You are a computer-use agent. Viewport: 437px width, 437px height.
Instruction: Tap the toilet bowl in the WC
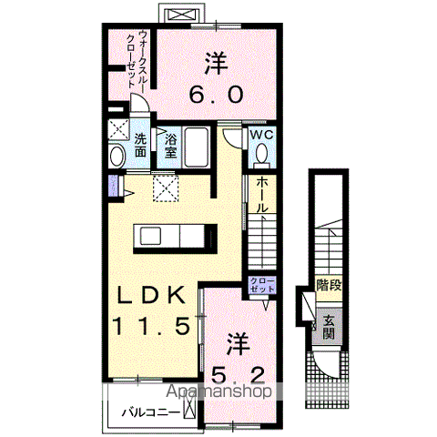click(262, 156)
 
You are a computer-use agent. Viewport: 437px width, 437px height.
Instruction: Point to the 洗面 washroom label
click(142, 144)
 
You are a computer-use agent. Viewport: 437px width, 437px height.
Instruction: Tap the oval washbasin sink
click(117, 158)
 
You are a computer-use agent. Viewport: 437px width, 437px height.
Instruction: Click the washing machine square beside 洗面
click(117, 127)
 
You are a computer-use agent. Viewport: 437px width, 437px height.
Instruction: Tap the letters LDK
click(151, 296)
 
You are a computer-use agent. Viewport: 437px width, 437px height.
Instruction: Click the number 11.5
click(151, 325)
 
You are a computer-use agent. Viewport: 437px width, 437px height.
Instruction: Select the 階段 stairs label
click(329, 286)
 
